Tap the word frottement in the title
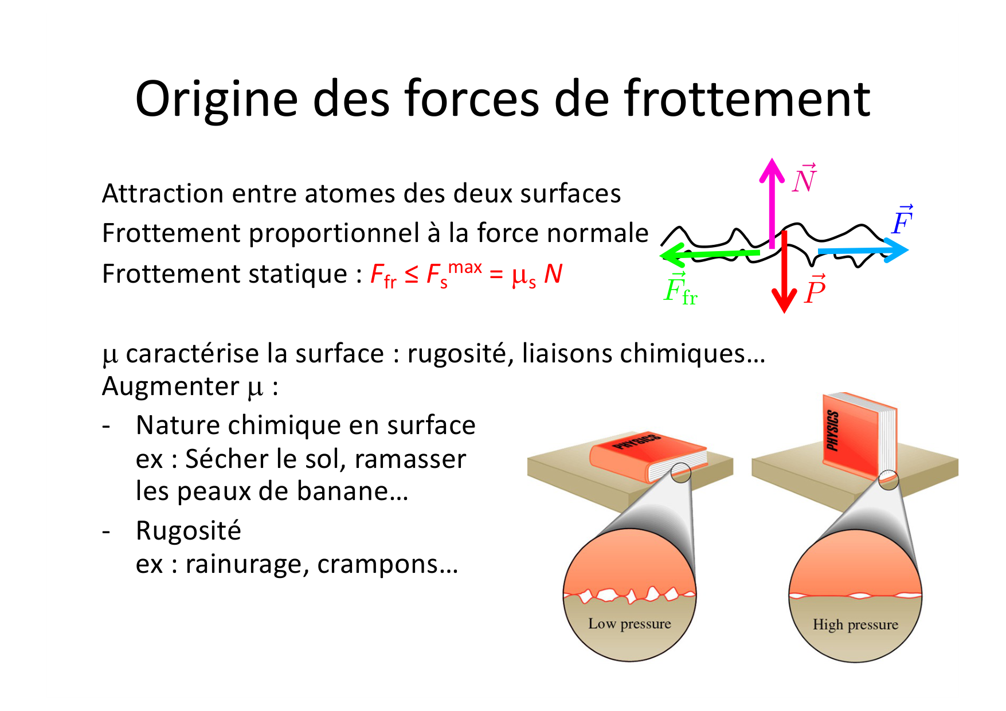[x=747, y=98]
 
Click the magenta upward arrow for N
[x=772, y=203]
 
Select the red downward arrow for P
[x=784, y=272]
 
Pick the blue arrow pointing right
[x=863, y=251]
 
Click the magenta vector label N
[x=804, y=178]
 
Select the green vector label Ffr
[x=680, y=289]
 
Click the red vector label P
[x=815, y=290]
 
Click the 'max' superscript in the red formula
[x=465, y=267]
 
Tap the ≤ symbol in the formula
[x=412, y=274]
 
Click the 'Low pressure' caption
[x=629, y=624]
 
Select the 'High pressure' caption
[x=855, y=624]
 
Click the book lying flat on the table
[x=648, y=456]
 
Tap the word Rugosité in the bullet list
[x=189, y=532]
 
